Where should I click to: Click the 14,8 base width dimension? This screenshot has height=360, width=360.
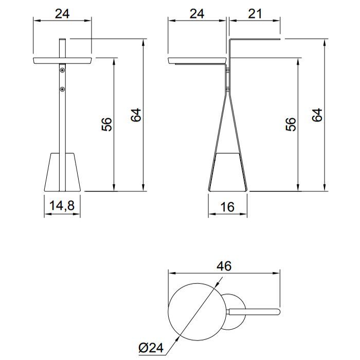(62, 206)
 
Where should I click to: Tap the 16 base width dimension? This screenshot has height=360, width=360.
(227, 207)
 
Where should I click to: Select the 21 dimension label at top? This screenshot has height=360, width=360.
(255, 14)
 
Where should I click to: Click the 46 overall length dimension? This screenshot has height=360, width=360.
(224, 266)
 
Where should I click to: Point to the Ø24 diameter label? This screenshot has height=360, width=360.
(151, 348)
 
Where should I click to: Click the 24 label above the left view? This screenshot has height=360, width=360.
(62, 14)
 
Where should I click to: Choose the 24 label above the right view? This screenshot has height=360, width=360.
(197, 14)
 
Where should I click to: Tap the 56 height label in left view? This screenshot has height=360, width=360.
(107, 124)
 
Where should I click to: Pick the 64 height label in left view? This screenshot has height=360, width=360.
(136, 115)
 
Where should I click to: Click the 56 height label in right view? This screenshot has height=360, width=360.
(291, 124)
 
